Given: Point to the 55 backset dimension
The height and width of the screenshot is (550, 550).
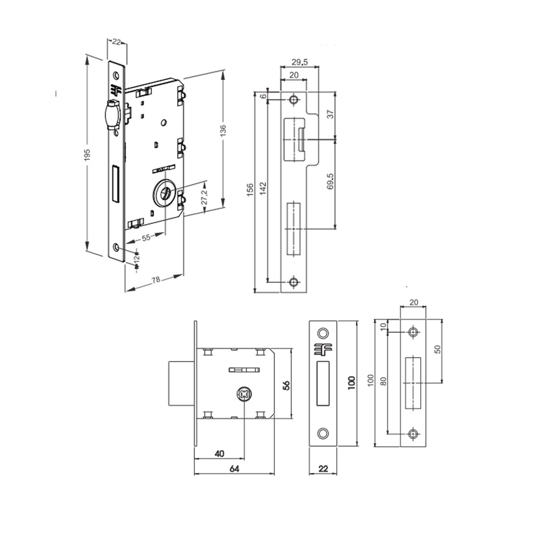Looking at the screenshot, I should (146, 238).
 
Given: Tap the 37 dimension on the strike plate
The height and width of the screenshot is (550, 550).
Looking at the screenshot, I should (336, 114).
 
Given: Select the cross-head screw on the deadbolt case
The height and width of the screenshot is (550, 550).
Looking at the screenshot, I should (244, 395).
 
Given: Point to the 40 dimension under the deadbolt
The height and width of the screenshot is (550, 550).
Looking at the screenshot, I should (219, 454).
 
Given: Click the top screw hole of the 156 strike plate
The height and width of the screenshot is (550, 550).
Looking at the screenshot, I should (293, 99).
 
